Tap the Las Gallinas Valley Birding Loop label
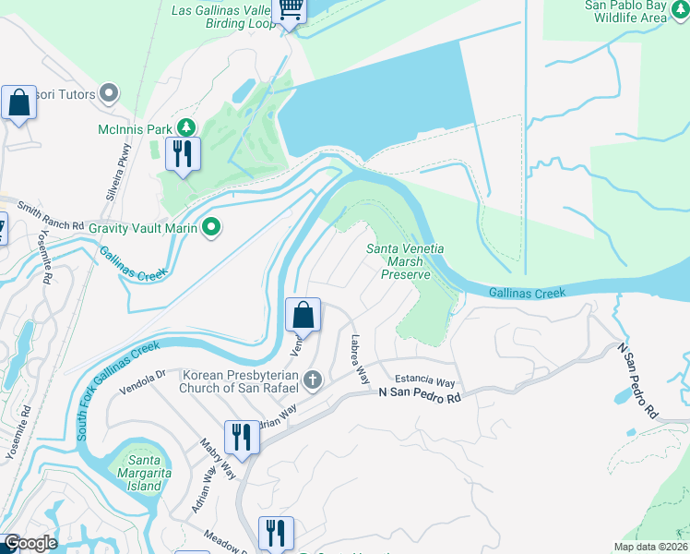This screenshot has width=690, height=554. click(x=224, y=17)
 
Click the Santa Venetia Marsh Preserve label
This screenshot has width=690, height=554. click(x=406, y=261)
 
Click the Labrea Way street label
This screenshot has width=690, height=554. click(x=358, y=360)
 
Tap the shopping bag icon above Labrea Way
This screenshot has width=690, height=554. click(x=303, y=317)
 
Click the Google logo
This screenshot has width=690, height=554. click(x=30, y=543)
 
